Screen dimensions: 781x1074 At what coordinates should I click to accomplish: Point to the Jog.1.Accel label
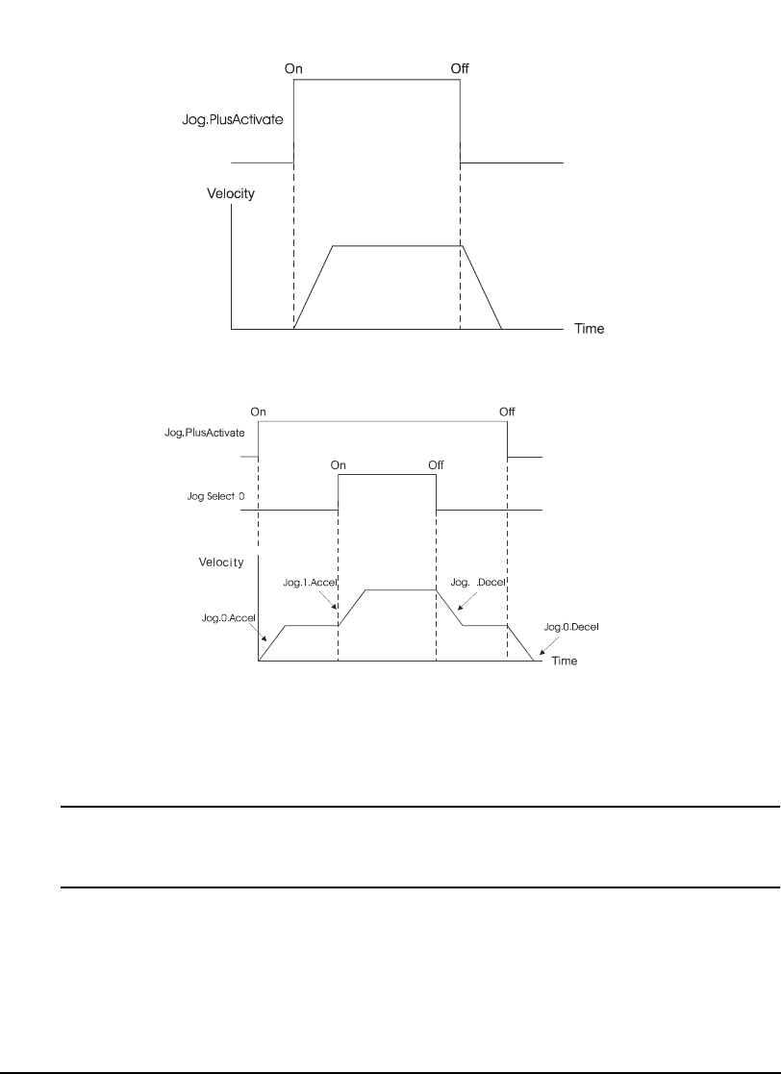click(x=308, y=582)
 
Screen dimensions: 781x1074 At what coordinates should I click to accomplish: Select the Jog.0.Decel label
click(x=571, y=626)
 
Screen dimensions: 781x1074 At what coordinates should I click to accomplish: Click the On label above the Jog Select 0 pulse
click(x=339, y=464)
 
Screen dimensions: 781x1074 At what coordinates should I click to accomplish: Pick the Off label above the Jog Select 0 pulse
click(x=436, y=464)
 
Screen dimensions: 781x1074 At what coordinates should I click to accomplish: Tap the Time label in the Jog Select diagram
click(x=564, y=662)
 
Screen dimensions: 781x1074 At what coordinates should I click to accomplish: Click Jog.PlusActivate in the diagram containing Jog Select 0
click(x=203, y=435)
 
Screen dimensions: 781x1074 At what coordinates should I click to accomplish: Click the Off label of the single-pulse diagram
click(x=460, y=68)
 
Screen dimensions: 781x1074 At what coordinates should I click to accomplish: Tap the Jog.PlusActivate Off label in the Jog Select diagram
click(x=507, y=412)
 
